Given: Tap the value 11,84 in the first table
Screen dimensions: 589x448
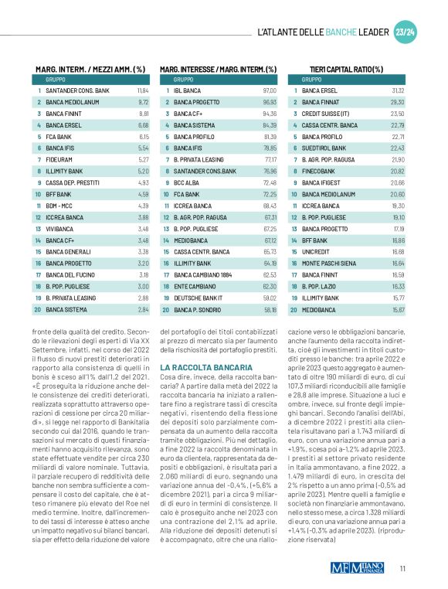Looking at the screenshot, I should tap(142, 90).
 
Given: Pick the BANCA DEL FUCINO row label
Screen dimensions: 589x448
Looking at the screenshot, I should tap(71, 274).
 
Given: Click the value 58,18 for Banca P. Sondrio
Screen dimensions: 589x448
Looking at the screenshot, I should tap(270, 309).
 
